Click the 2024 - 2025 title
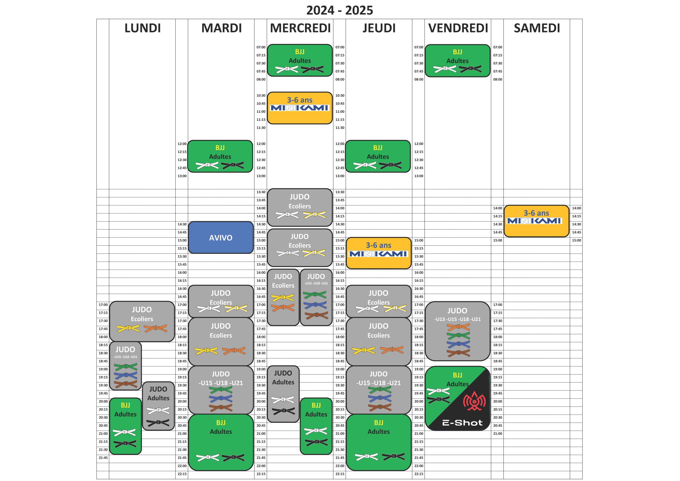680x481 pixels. click(339, 10)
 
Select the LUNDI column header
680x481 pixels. click(142, 28)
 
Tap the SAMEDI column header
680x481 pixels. click(537, 28)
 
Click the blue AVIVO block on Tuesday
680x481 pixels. click(221, 238)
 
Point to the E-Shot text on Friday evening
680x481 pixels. click(462, 423)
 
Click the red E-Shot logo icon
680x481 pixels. click(474, 401)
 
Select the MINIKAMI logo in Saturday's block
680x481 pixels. click(534, 221)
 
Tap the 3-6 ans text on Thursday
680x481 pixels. click(379, 245)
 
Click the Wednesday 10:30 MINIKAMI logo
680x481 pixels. click(299, 108)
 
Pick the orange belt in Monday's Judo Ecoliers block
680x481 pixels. click(155, 328)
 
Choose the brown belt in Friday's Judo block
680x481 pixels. click(458, 353)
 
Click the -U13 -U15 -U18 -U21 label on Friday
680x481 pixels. click(457, 319)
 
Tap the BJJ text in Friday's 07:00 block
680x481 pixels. click(457, 52)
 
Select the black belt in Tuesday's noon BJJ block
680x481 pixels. click(233, 165)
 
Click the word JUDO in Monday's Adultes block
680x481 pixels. click(158, 389)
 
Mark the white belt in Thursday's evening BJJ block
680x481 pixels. click(366, 457)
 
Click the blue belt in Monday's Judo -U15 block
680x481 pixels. click(126, 376)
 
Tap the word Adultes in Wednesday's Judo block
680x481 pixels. click(283, 382)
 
